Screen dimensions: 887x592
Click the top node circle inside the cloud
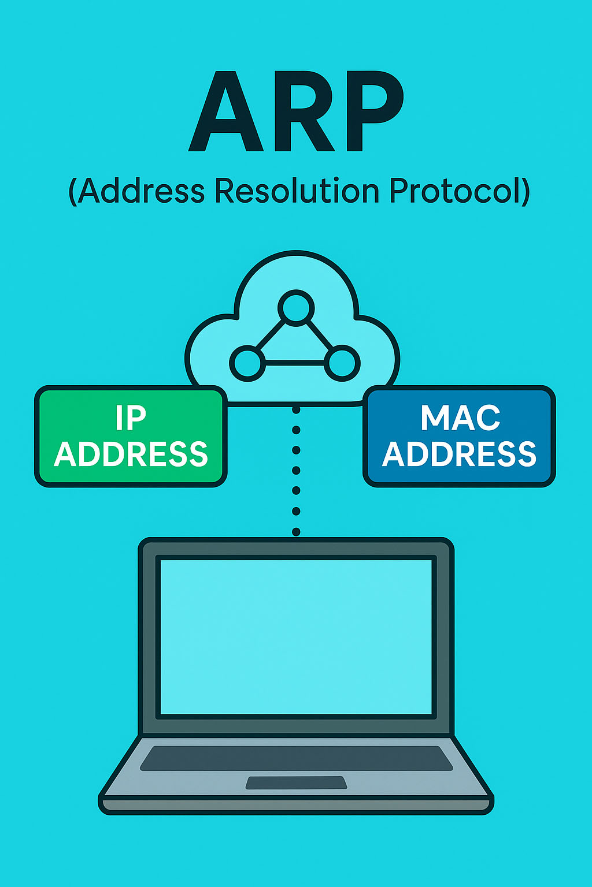click(x=296, y=306)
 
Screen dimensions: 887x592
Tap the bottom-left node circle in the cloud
click(x=248, y=363)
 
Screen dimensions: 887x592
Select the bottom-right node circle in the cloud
click(x=342, y=363)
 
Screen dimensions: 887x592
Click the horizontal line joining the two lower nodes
click(x=295, y=363)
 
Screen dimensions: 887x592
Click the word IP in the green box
click(x=131, y=418)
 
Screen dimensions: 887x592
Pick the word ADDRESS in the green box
click(x=131, y=454)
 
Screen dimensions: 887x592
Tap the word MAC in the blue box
click(x=460, y=418)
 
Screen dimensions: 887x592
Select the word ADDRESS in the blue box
click(x=460, y=454)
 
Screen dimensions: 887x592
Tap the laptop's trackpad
click(x=296, y=782)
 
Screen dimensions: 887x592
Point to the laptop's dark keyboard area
click(x=296, y=758)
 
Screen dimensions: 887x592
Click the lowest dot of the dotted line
click(x=296, y=531)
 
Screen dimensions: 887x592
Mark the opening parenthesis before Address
click(x=73, y=192)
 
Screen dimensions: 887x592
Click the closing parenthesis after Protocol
click(x=524, y=192)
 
